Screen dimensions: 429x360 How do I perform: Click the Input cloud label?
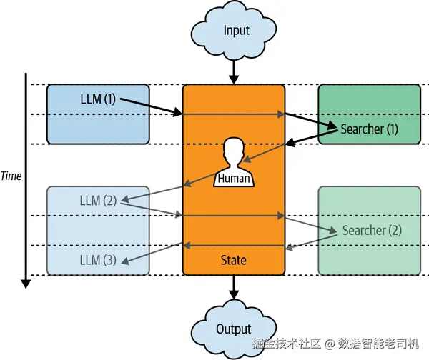[237, 31]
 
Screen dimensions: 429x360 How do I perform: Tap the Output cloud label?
[234, 329]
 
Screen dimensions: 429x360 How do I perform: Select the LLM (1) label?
[98, 99]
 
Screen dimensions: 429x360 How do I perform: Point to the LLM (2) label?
[98, 201]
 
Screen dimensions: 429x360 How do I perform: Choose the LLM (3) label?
[98, 260]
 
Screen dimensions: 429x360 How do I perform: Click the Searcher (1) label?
[370, 129]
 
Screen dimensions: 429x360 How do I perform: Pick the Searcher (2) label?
[372, 231]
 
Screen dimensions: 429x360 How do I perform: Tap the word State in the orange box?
[233, 260]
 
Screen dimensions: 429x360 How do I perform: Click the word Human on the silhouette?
[234, 179]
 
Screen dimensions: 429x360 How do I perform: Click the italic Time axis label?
[11, 176]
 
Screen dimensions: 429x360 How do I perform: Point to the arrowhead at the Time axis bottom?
[26, 284]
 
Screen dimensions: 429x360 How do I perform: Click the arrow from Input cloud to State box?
[234, 72]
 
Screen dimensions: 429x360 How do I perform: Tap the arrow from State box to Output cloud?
[234, 287]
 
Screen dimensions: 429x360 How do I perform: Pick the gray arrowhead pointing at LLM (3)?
[125, 261]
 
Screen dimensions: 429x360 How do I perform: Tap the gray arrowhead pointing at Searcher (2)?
[333, 231]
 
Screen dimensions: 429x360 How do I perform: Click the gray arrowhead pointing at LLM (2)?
[125, 199]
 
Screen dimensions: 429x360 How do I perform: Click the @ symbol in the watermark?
[330, 344]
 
